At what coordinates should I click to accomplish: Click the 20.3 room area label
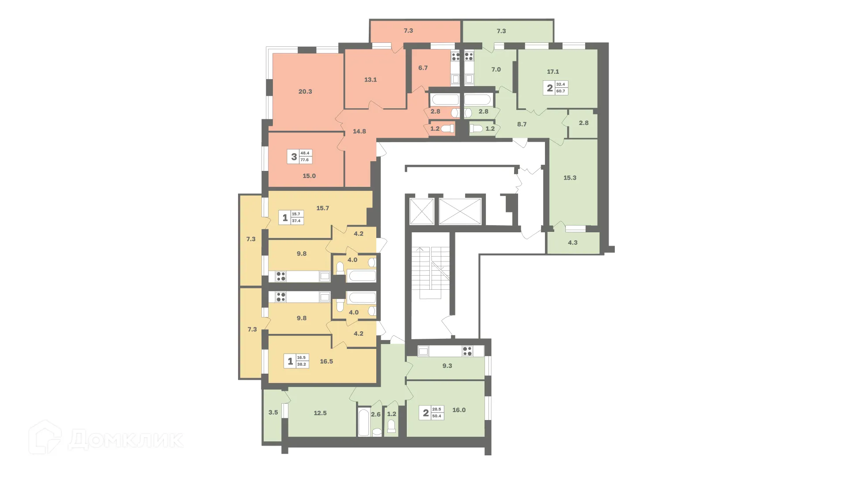305,91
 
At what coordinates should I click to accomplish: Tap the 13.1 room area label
371,80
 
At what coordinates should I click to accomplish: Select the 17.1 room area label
553,72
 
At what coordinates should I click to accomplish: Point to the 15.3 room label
570,178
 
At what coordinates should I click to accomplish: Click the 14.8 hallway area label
360,131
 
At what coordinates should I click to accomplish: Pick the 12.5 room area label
320,413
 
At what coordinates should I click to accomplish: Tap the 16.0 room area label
459,410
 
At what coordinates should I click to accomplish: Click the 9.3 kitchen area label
447,366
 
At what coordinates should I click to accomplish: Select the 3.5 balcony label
273,413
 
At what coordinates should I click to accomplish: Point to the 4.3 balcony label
572,242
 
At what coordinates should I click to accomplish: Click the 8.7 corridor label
522,125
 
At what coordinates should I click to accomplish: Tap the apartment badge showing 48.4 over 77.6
300,156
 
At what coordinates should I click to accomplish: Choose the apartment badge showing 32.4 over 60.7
556,87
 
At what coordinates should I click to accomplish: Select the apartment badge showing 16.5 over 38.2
296,361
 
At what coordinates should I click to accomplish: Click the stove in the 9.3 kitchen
467,351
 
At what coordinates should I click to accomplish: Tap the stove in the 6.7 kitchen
455,57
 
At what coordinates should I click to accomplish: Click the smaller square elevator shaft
422,212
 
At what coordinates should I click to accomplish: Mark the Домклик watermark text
125,439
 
